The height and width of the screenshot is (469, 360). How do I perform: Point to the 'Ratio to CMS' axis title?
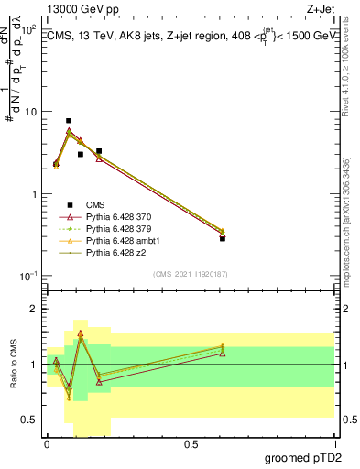pos(13,367)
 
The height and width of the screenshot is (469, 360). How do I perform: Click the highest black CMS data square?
pos(69,121)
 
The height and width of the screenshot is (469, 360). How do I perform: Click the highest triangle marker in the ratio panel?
pos(81,333)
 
